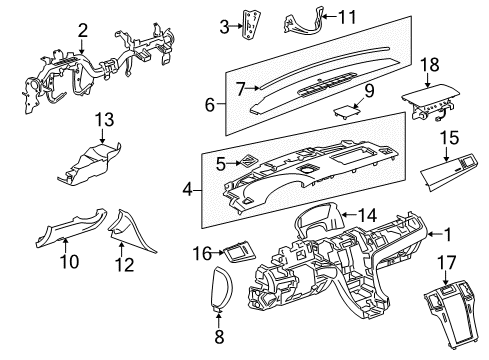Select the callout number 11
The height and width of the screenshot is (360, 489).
(x=318, y=16)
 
